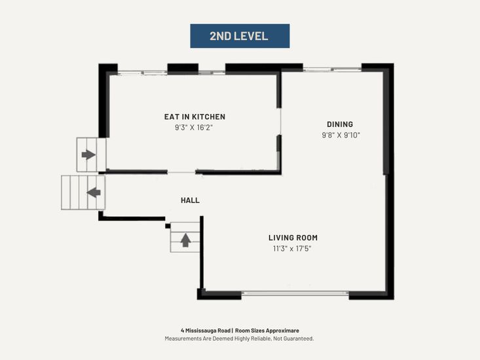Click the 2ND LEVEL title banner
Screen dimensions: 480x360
point(240,36)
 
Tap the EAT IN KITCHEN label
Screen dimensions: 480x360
point(194,117)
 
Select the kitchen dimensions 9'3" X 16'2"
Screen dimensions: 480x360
point(194,127)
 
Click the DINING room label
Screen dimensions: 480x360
point(340,124)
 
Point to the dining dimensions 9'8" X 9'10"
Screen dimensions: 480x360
point(341,135)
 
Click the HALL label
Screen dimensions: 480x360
point(190,200)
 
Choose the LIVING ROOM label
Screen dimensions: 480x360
point(293,238)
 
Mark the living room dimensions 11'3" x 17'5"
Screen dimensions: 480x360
point(292,248)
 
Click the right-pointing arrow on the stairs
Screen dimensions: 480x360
point(88,154)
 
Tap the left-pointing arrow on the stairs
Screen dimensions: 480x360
point(94,192)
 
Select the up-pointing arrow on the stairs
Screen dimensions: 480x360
point(185,240)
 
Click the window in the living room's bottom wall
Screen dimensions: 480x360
point(295,293)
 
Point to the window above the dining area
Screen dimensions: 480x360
point(332,69)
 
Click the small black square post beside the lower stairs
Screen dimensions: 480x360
point(168,226)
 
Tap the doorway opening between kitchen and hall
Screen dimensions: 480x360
point(181,172)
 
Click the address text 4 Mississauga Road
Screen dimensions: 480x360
point(206,331)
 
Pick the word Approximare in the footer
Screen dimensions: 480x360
point(282,331)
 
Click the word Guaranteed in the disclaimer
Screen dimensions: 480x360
point(299,338)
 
